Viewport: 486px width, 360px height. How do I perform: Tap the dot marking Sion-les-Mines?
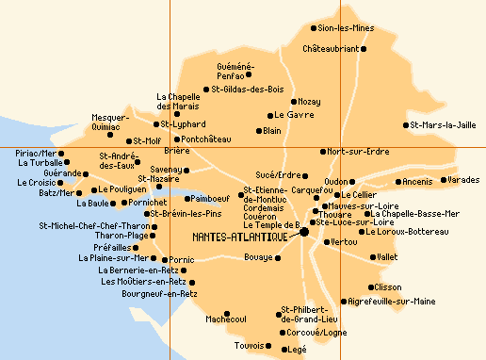tap(315, 28)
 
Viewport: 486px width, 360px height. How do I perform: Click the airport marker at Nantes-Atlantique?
tap(304, 232)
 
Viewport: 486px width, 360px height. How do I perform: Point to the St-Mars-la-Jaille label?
tap(445, 124)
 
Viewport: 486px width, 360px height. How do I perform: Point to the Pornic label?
tap(181, 259)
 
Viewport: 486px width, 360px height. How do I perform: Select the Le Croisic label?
tap(36, 183)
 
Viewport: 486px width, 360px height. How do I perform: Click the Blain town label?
tap(273, 131)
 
